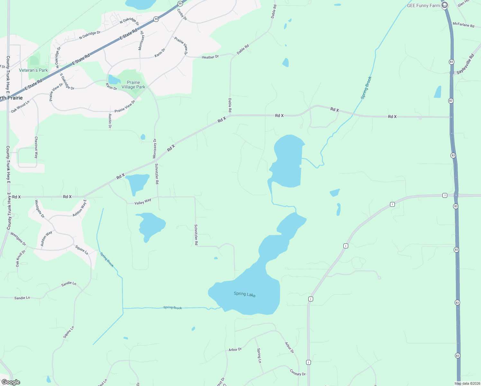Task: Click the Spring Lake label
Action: (x=244, y=294)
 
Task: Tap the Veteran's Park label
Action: (x=33, y=70)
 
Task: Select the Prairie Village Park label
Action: (x=133, y=85)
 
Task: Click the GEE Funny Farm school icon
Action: (x=445, y=5)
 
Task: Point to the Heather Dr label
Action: (x=210, y=57)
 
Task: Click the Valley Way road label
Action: (x=143, y=202)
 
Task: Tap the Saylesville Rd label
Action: (x=465, y=64)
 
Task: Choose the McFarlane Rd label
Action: (x=463, y=24)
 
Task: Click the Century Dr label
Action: (x=298, y=372)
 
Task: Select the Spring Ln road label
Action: (x=259, y=355)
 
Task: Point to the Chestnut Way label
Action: (x=36, y=147)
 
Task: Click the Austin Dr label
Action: (x=110, y=121)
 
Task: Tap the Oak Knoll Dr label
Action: (x=21, y=259)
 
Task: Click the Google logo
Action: (x=11, y=382)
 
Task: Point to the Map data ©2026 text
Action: (x=467, y=383)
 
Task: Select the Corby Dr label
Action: (x=182, y=14)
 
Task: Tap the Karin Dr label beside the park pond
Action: (x=112, y=87)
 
